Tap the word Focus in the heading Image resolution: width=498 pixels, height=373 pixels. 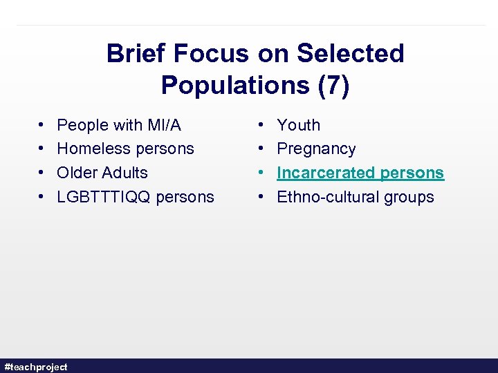211,53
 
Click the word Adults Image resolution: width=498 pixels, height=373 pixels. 125,173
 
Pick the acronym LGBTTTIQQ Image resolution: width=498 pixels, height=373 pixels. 104,197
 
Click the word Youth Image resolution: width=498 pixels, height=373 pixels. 298,125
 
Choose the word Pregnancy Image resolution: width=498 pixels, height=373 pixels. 316,149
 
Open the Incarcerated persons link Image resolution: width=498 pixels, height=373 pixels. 360,173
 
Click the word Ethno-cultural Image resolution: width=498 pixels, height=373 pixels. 328,197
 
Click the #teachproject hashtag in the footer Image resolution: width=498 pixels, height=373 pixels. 36,367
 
